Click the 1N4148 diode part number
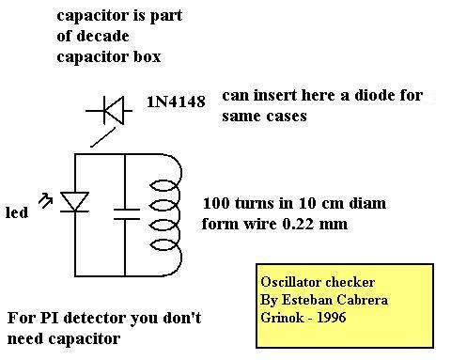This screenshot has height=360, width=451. click(x=176, y=102)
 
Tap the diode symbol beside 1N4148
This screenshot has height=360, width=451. click(x=109, y=110)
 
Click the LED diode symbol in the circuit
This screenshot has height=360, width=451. click(x=74, y=202)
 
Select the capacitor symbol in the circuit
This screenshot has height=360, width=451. click(x=127, y=214)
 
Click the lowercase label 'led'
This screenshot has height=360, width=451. click(x=17, y=212)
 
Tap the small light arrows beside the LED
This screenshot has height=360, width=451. click(x=45, y=201)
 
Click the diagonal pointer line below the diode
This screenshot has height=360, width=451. click(x=102, y=137)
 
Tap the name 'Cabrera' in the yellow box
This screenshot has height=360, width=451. click(x=363, y=300)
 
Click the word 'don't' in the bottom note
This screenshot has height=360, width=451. click(x=182, y=318)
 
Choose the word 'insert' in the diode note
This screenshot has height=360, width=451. click(x=274, y=95)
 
